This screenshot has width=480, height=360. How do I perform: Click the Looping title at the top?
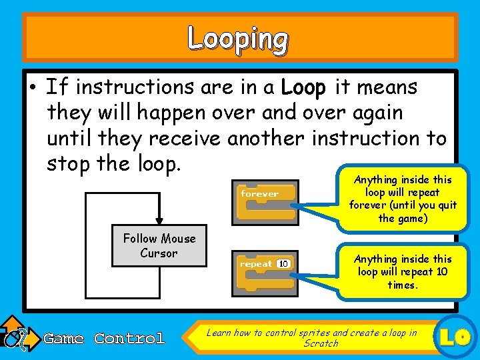(238, 39)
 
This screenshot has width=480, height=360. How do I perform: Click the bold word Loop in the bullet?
(303, 87)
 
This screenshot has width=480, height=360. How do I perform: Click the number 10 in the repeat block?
(284, 264)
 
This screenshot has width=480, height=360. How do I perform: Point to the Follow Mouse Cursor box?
(159, 246)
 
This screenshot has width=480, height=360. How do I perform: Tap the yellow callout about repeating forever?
(401, 199)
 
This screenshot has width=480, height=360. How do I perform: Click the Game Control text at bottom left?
(104, 339)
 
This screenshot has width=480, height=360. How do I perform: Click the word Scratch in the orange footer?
(321, 343)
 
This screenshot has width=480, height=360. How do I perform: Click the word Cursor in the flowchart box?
(159, 253)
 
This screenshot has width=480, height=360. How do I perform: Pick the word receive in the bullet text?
(185, 139)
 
